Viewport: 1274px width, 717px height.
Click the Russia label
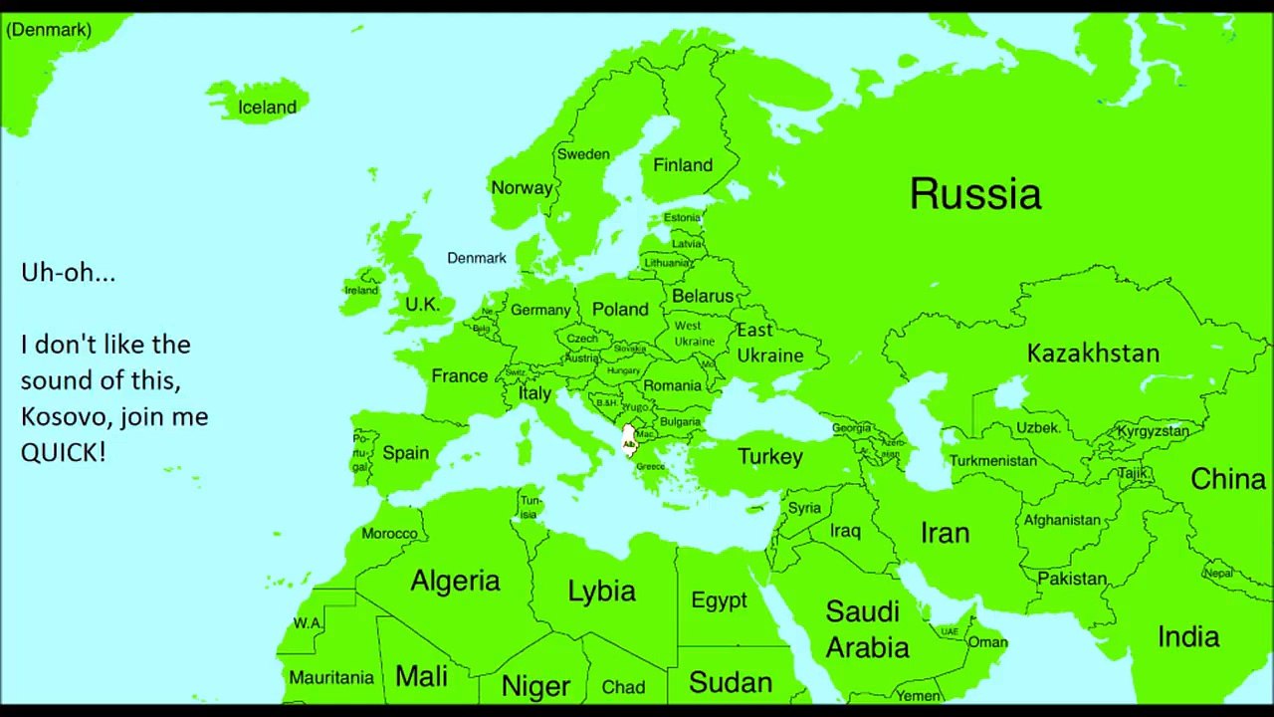pos(975,193)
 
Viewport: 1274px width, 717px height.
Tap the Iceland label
pos(267,108)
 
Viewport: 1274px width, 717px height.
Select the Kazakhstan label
pos(1093,353)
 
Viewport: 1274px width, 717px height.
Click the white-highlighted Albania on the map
pos(628,440)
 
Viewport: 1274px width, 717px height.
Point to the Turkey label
pos(769,456)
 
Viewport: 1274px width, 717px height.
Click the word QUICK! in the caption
pos(63,452)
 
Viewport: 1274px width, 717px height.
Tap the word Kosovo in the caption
pos(55,416)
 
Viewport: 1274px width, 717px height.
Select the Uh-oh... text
pos(68,272)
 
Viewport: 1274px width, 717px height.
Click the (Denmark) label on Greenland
pos(48,30)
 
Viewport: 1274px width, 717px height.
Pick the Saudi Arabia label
pos(867,629)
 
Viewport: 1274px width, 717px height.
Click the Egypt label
pos(719,600)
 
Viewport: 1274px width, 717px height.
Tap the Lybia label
pos(601,591)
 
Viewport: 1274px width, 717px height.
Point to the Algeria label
pos(455,581)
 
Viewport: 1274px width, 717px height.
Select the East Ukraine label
pos(769,343)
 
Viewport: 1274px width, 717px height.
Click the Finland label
pos(683,165)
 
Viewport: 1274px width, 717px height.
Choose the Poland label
pos(620,309)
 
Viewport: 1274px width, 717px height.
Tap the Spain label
pos(406,453)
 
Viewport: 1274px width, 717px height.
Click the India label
pos(1188,636)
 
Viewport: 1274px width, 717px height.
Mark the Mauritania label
pos(331,677)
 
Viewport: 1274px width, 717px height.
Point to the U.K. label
pos(423,304)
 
